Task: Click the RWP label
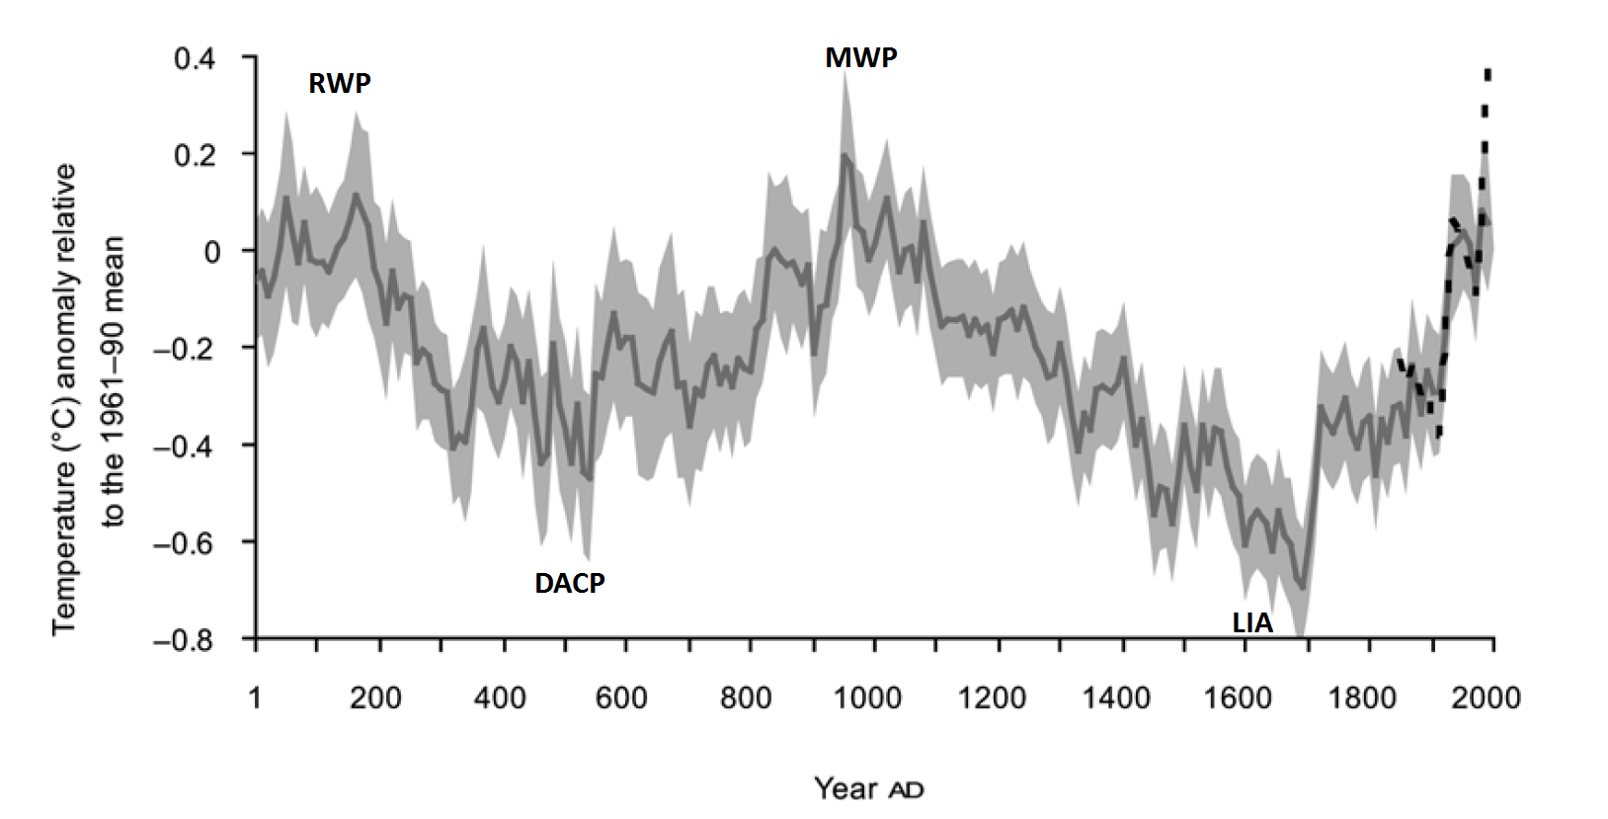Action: (x=340, y=84)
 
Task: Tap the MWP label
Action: (x=861, y=58)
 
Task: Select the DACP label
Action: (x=570, y=584)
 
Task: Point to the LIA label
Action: (x=1251, y=624)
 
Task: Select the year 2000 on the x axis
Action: (x=1485, y=698)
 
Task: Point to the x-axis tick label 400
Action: (x=499, y=698)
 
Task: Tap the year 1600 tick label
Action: (x=1238, y=698)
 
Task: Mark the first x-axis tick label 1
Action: (x=255, y=698)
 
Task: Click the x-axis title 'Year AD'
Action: (x=868, y=788)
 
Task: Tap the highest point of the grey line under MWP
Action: (x=845, y=155)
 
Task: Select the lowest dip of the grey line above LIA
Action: (x=1303, y=588)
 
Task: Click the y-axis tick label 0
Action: (x=211, y=252)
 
